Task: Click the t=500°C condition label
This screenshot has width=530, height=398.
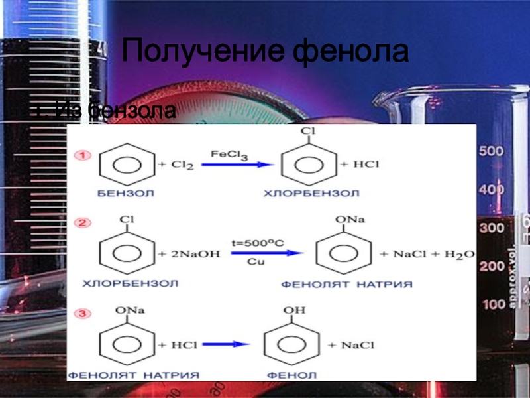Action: click(257, 243)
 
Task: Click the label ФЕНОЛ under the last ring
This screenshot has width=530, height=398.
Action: click(287, 375)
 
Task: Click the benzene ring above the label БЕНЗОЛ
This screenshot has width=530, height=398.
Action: click(121, 165)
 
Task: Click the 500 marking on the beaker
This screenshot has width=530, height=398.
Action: click(492, 152)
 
